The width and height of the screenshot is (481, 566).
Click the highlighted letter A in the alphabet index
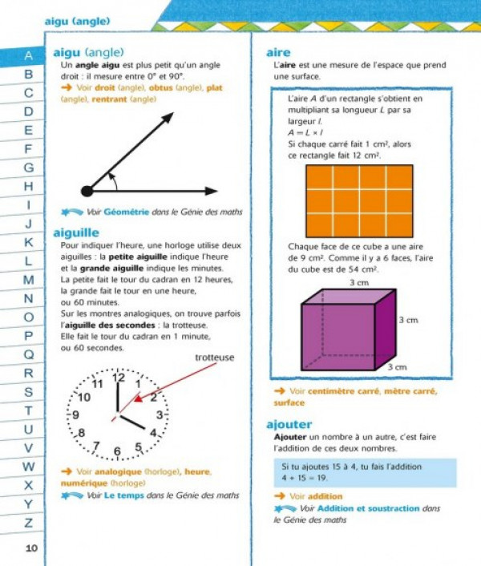28,56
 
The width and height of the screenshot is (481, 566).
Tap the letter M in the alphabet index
29,280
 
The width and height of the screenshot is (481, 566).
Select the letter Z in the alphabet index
29,523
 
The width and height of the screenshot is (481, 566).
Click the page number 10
31,548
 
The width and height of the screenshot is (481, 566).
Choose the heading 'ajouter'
289,423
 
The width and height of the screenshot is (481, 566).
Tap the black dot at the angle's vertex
87,191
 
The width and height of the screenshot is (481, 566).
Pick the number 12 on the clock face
118,377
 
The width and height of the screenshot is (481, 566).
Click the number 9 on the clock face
75,414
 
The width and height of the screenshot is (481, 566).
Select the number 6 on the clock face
118,452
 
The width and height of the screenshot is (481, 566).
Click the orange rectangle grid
359,200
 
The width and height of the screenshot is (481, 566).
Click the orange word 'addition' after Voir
325,496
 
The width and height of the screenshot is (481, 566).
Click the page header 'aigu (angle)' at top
77,22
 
